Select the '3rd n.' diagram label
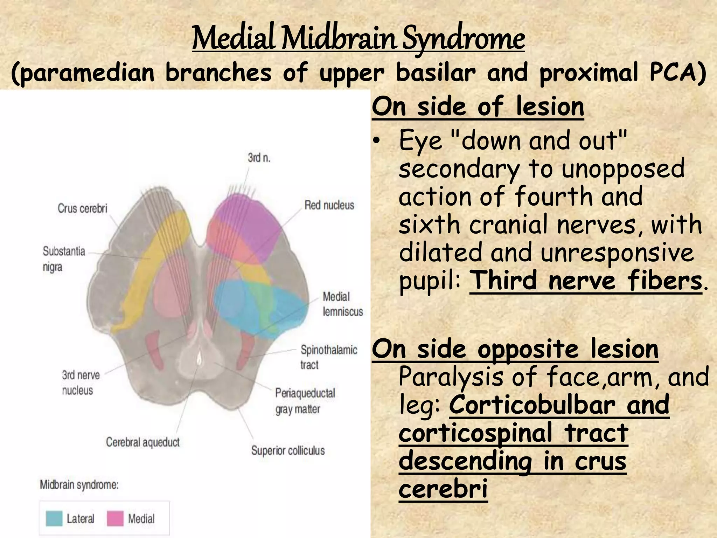(259, 158)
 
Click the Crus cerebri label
(83, 208)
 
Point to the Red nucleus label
(329, 205)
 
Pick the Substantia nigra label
(64, 259)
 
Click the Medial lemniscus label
(342, 304)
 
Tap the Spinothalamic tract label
(328, 357)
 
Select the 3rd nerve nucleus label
(81, 382)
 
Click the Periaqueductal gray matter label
(305, 401)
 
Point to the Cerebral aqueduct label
(143, 442)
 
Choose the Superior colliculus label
(288, 450)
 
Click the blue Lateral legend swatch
(54, 519)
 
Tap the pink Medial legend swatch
(115, 519)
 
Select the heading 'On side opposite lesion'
(515, 349)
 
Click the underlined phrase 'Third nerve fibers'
(585, 281)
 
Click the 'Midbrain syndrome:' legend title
(79, 485)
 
